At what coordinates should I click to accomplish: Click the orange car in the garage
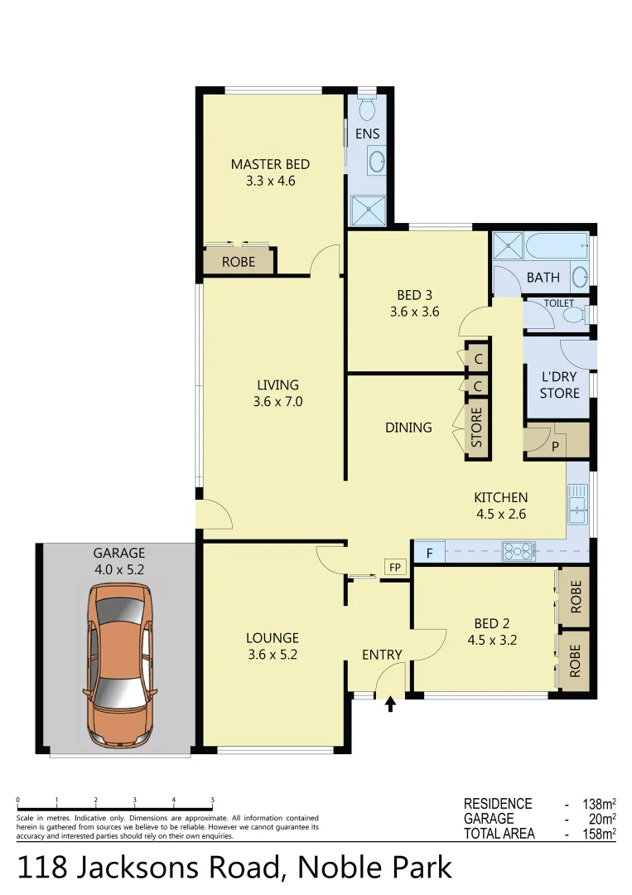click(119, 663)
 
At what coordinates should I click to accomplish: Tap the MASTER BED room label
click(270, 164)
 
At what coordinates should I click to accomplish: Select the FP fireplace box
click(395, 568)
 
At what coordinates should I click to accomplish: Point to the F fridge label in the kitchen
click(429, 551)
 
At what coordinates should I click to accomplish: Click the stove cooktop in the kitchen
click(519, 550)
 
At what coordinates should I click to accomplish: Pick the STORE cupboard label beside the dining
click(477, 428)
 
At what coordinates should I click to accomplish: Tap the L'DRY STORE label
click(559, 385)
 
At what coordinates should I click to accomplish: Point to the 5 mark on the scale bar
click(213, 801)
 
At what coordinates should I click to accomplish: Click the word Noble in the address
click(334, 867)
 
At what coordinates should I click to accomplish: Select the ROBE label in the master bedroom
click(239, 263)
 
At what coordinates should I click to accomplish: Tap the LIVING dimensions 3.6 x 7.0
click(277, 402)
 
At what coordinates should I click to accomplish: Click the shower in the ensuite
click(369, 210)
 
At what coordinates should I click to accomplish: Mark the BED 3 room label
click(414, 295)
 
